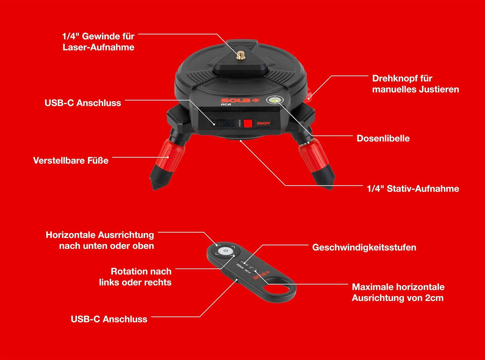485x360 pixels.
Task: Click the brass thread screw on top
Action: coord(241,55)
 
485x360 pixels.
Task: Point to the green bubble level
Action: coord(275,100)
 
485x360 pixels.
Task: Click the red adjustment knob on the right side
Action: coord(309,96)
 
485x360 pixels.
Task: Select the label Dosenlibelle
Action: coord(383,138)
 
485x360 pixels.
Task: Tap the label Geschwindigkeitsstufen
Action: coord(364,247)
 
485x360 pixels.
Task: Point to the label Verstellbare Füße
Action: coord(71,160)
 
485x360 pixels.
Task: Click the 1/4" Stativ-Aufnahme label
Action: coord(413,188)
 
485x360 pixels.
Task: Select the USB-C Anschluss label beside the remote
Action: coord(109,319)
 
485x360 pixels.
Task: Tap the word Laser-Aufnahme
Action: coord(98,47)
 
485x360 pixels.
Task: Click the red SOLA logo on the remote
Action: coord(261,275)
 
